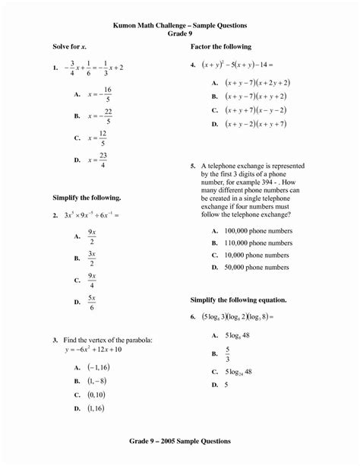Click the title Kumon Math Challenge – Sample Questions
(x=180, y=26)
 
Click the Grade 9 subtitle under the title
(x=180, y=34)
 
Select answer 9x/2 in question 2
(x=91, y=236)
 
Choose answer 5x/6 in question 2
(x=91, y=302)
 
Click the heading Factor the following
(x=220, y=47)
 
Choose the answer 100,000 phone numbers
(x=256, y=230)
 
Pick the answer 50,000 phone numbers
(x=256, y=268)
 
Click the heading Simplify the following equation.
(x=238, y=300)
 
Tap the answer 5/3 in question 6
(x=227, y=353)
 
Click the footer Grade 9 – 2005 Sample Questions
(x=180, y=440)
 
